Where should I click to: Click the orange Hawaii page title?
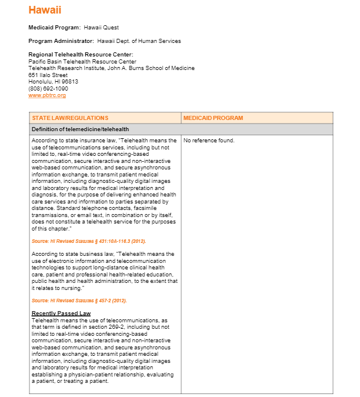45,11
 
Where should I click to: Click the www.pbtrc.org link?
47,95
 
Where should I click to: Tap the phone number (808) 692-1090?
48,88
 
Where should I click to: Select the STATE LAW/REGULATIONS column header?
70,118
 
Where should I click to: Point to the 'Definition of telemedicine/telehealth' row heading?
80,129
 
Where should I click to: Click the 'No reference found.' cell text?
209,141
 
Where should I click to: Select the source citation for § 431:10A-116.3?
89,241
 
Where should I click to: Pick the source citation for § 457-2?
79,301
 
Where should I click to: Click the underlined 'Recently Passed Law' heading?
61,313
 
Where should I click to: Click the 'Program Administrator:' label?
61,41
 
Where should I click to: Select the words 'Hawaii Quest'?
101,28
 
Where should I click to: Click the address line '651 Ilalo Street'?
48,75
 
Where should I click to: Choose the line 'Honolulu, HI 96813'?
53,82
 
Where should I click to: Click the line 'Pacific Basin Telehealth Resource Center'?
82,61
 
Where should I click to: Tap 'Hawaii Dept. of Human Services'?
139,41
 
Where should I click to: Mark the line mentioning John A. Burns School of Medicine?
111,68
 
